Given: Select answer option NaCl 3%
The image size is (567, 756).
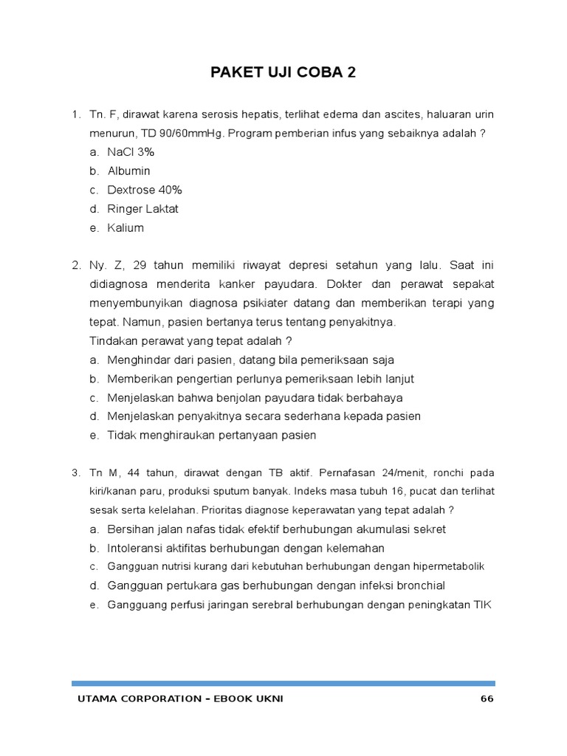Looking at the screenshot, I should [131, 152].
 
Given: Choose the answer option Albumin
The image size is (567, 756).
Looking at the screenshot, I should [128, 171].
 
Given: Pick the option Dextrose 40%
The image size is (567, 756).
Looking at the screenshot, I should [144, 190].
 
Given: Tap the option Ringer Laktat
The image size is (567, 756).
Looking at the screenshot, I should [142, 209].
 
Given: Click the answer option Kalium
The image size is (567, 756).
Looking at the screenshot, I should [126, 228].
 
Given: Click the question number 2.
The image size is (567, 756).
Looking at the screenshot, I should [75, 264].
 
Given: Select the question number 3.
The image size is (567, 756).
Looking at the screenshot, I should [75, 472].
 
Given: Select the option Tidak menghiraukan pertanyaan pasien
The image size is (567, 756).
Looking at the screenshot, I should [212, 436].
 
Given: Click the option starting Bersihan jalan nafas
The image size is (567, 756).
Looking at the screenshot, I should [276, 529].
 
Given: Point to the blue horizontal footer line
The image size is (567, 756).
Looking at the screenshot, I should [283, 684].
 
